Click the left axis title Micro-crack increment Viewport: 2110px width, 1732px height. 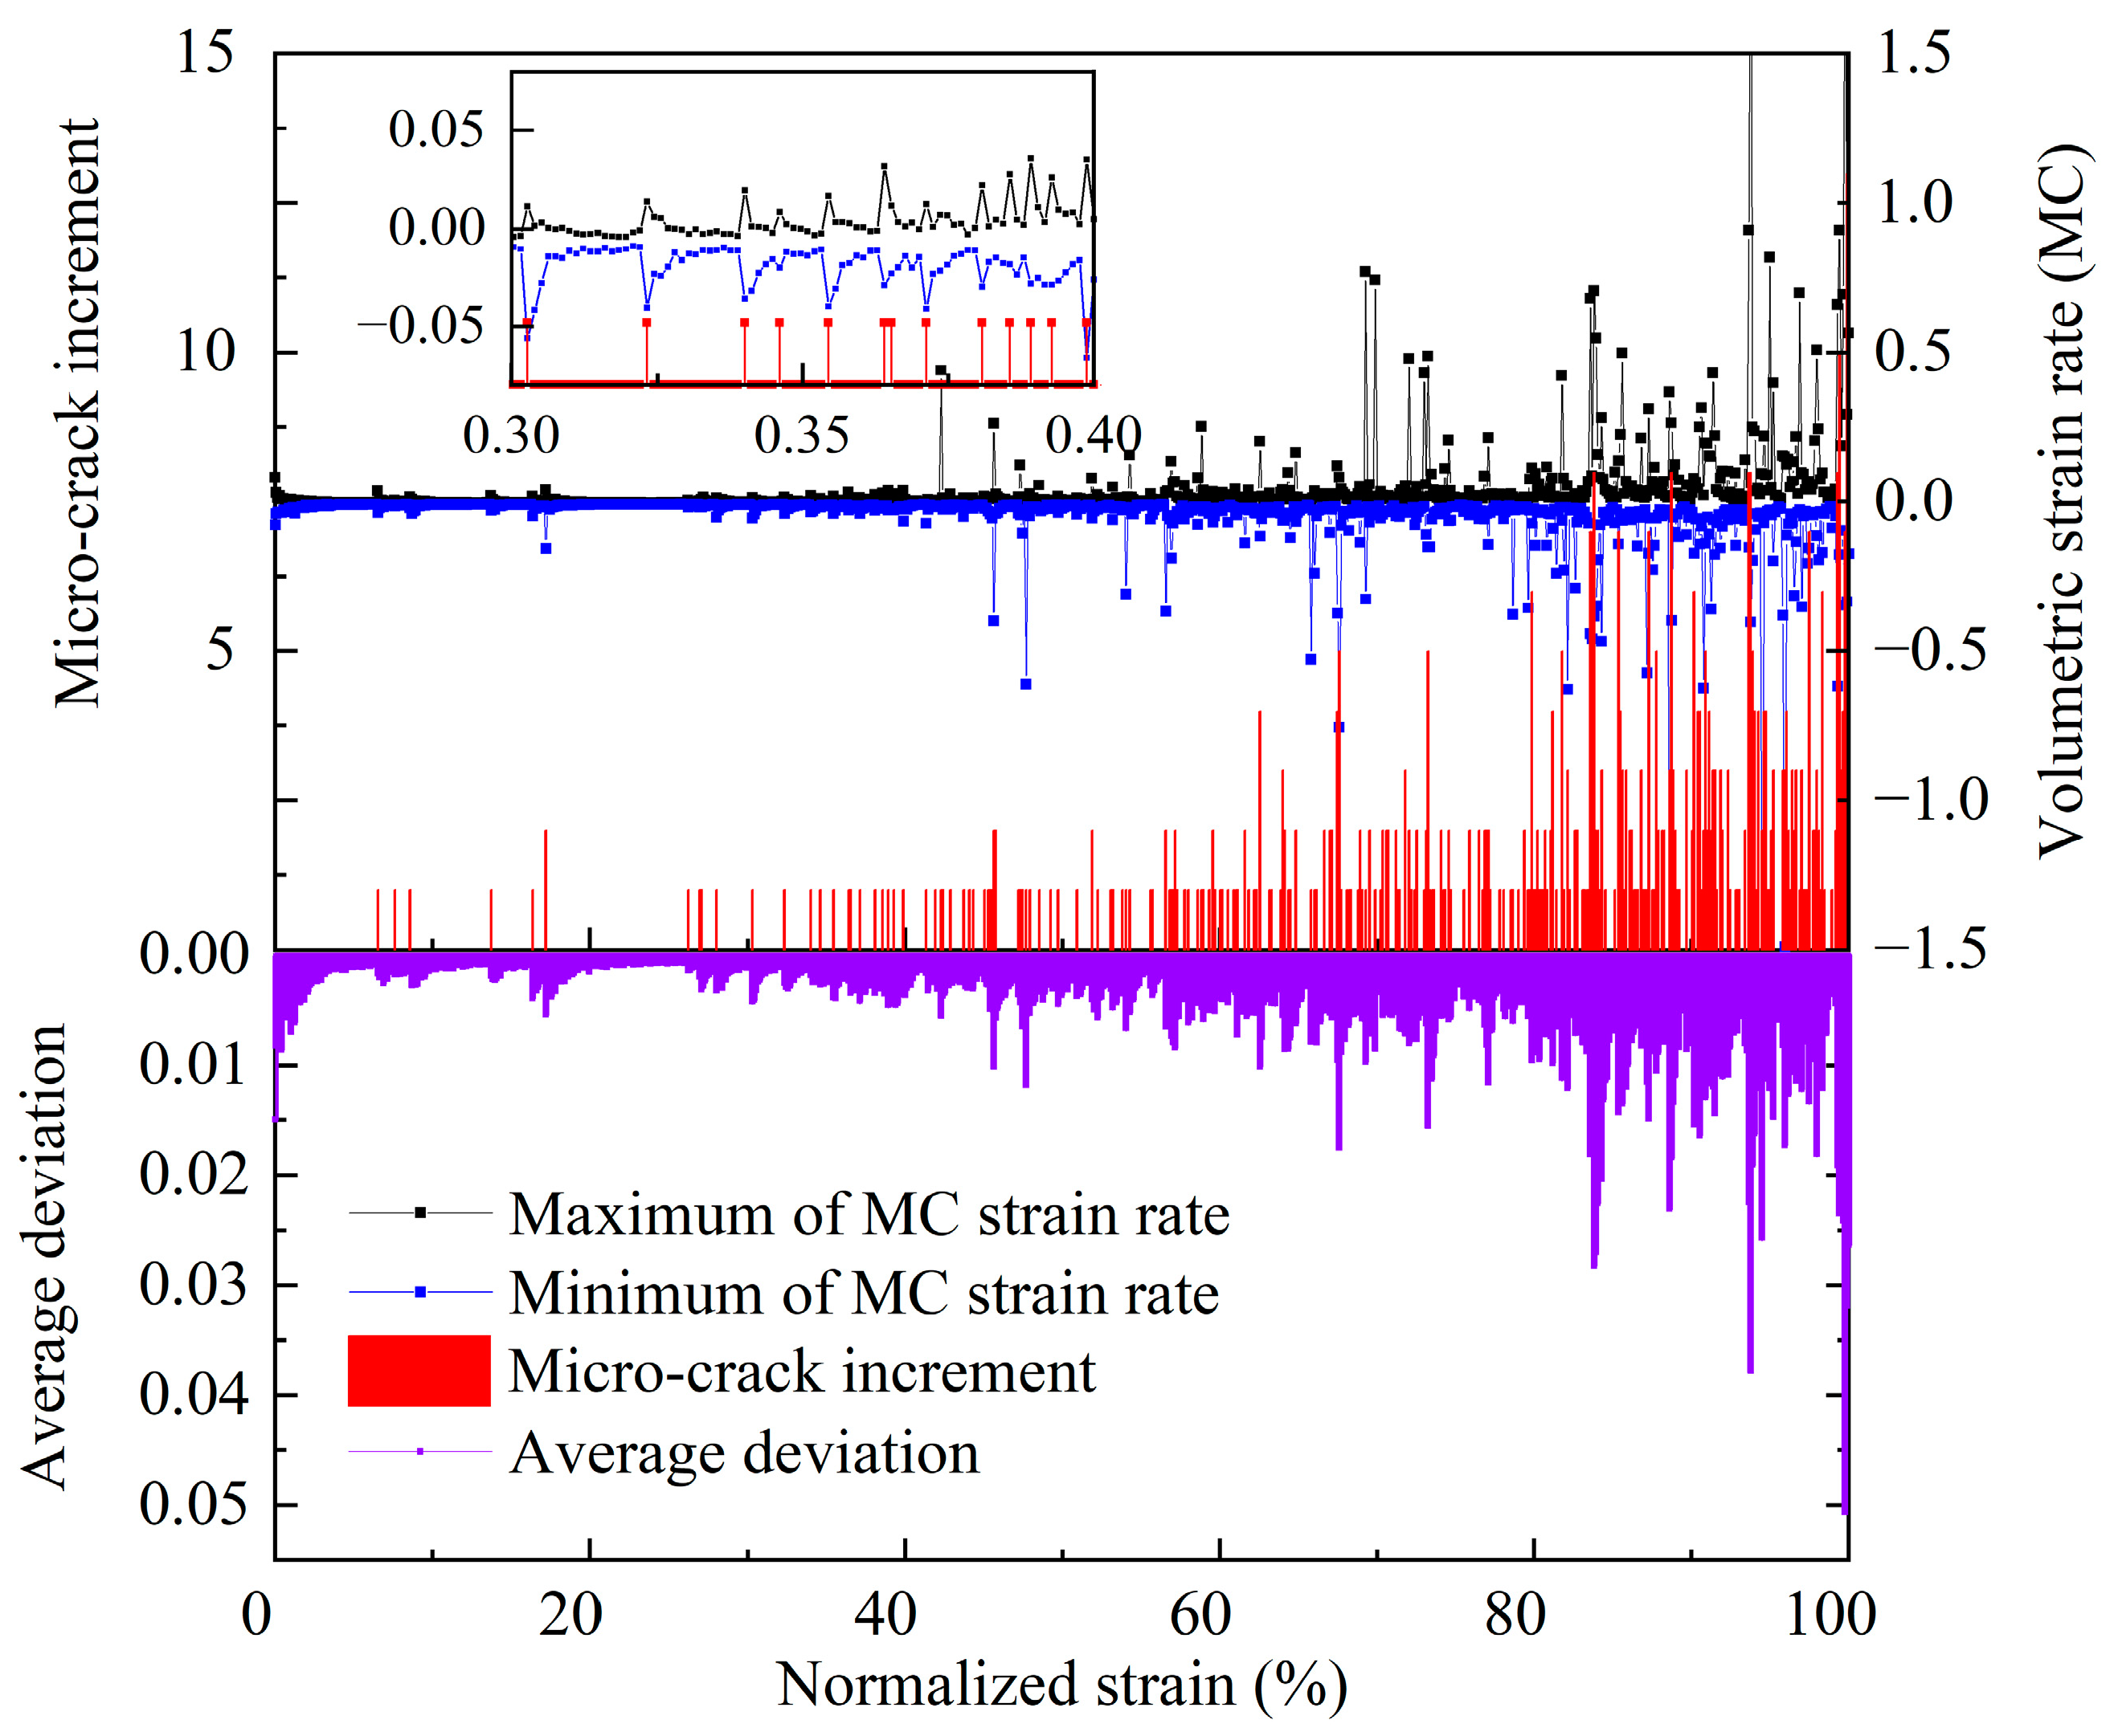tap(78, 414)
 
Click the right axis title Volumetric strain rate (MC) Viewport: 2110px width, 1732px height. tap(2060, 499)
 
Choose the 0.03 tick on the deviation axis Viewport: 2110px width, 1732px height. tap(193, 1284)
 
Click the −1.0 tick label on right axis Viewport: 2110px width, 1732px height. tap(1930, 799)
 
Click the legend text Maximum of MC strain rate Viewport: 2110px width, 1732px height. tap(869, 1214)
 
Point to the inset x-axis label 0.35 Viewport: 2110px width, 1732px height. tap(801, 436)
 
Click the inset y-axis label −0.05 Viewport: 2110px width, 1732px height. tap(420, 326)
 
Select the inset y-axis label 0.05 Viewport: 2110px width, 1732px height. tap(435, 130)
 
